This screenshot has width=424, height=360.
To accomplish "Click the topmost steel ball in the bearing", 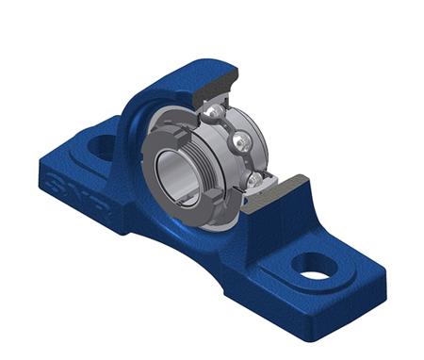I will (x=218, y=112).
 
